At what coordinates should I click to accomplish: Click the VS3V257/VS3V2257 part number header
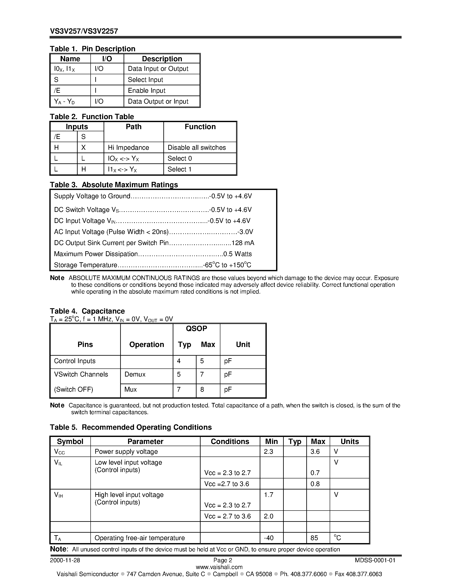click(x=84, y=31)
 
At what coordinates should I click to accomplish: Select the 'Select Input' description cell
click(x=145, y=80)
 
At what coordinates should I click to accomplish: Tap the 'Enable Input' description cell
click(x=147, y=91)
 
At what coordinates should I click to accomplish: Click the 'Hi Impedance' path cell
click(x=128, y=148)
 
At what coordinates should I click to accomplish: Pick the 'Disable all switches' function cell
click(x=197, y=148)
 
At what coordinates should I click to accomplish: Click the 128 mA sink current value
click(x=243, y=243)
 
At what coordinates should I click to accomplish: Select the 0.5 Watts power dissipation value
click(x=237, y=254)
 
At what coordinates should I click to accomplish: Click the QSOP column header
click(x=196, y=328)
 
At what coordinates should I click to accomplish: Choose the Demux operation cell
click(x=135, y=374)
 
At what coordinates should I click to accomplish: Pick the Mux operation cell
click(x=130, y=389)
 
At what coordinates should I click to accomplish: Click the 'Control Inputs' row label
click(x=75, y=361)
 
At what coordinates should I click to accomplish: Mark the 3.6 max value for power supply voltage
click(x=315, y=452)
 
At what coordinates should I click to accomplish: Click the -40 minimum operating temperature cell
click(x=269, y=538)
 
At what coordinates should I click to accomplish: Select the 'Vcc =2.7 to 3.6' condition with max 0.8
click(x=227, y=484)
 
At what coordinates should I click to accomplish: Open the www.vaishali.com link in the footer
click(x=219, y=567)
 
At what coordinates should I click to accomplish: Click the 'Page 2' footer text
click(x=222, y=560)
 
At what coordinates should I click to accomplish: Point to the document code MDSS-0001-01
click(x=375, y=560)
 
